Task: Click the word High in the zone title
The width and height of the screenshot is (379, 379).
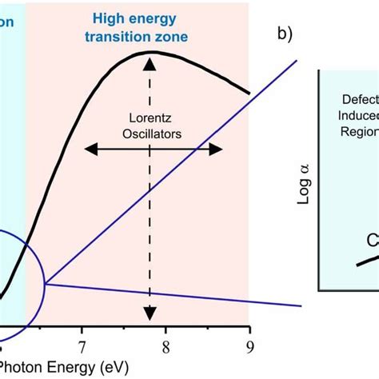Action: click(111, 18)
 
